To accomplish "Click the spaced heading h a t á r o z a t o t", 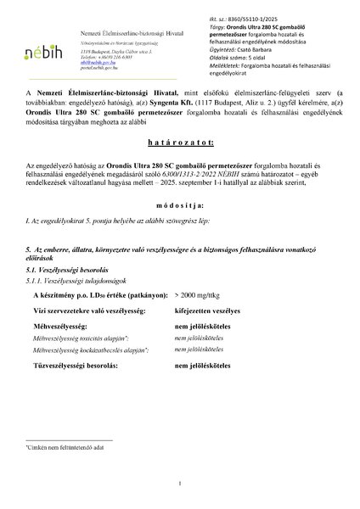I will pyautogui.click(x=179, y=145).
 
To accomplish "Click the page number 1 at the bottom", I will pyautogui.click(x=180, y=484).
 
